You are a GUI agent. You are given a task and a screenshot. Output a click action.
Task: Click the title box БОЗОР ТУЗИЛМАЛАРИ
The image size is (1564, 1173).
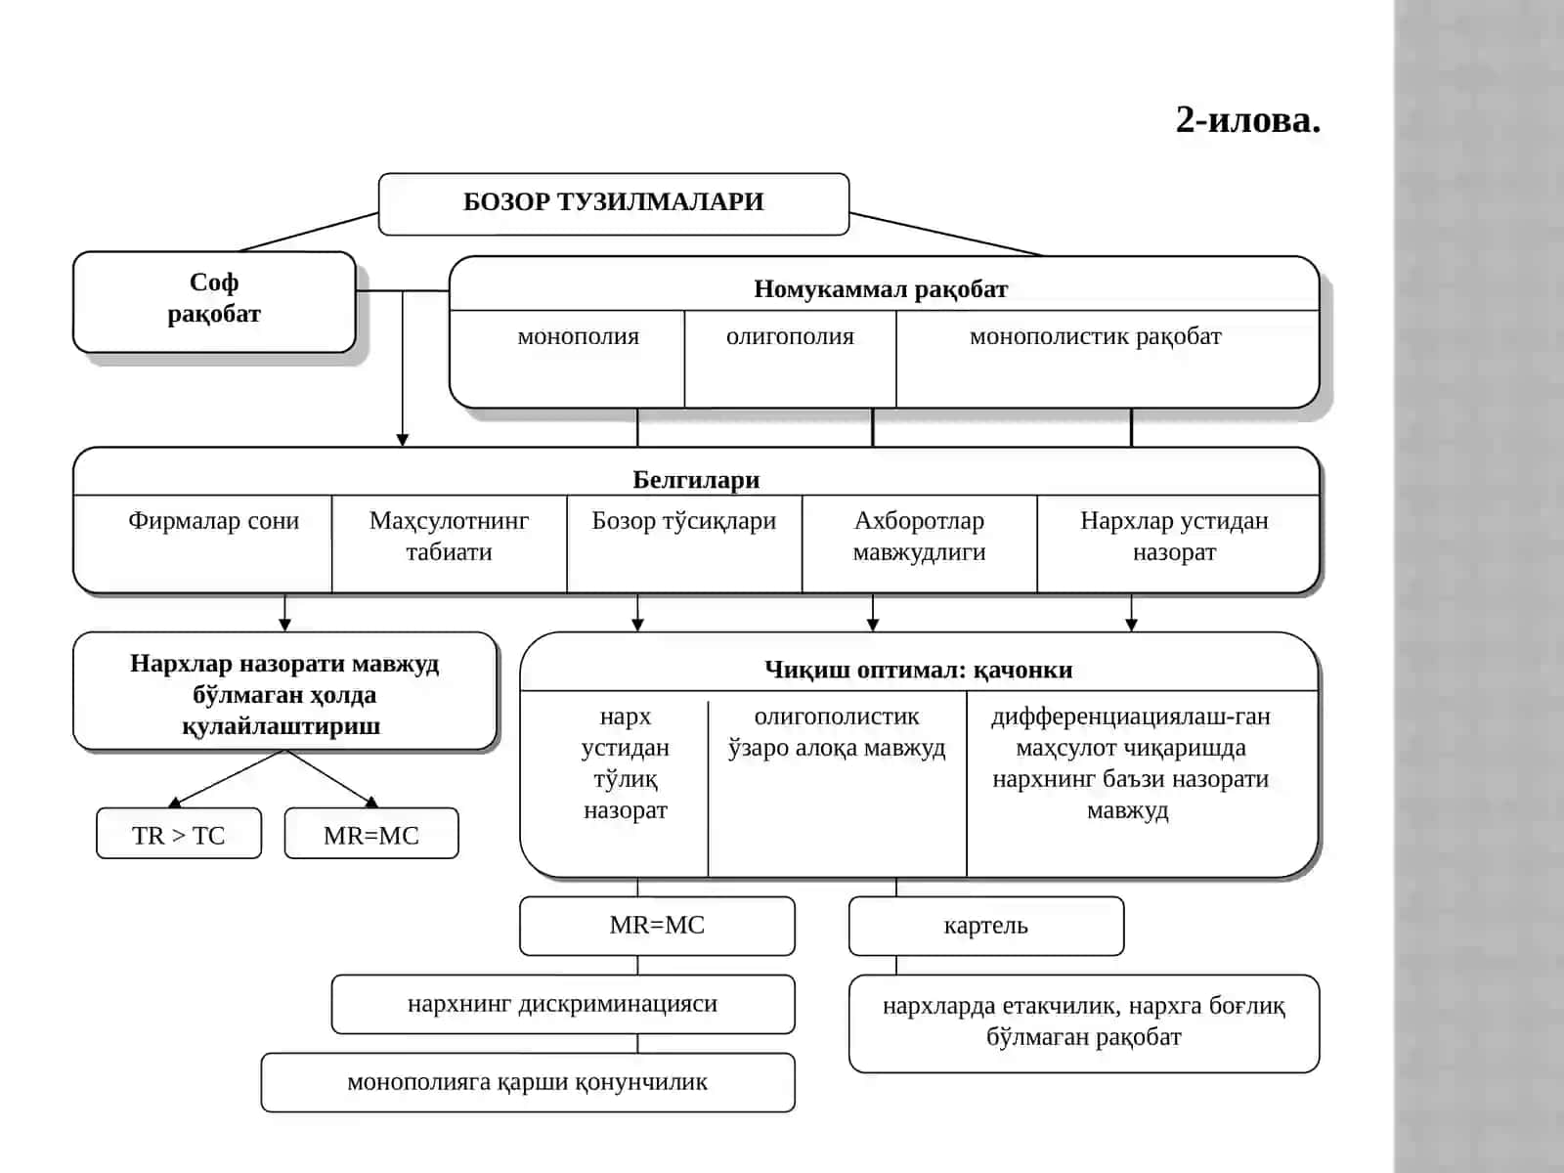(614, 203)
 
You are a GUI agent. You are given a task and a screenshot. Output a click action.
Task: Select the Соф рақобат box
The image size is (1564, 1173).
(214, 302)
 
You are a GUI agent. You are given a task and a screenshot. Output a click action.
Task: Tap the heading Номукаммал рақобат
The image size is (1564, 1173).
(881, 289)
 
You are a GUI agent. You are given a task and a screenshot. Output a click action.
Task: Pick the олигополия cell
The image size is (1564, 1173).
(790, 359)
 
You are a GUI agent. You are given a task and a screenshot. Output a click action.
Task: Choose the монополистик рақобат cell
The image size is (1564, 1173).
(1108, 359)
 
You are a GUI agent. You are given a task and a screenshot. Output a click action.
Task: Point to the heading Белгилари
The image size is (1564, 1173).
(696, 479)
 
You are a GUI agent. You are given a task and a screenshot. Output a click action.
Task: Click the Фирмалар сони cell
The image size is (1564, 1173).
(203, 543)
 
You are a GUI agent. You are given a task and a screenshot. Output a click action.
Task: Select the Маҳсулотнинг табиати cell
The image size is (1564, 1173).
(449, 543)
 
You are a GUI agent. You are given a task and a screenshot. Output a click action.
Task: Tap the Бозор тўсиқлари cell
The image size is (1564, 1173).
(684, 543)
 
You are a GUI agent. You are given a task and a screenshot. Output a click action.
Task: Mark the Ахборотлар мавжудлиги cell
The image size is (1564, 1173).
(919, 543)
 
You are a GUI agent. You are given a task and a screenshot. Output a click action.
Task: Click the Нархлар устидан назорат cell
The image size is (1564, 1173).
(1178, 543)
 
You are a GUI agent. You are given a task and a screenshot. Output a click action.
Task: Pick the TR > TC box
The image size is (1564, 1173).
(179, 833)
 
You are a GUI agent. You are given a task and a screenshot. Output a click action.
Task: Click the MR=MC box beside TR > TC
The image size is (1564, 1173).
(371, 833)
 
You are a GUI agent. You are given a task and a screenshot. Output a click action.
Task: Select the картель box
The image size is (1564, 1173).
(986, 926)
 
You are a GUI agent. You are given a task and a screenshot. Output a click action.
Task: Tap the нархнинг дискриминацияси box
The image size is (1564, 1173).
(563, 1004)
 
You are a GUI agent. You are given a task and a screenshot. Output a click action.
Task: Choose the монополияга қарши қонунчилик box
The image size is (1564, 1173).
(528, 1082)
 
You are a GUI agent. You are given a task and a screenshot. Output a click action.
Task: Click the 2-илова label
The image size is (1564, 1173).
(1247, 119)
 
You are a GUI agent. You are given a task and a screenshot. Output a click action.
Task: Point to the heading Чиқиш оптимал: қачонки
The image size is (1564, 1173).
(919, 670)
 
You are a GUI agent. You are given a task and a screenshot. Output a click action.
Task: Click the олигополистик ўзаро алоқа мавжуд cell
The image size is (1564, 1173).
(837, 783)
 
